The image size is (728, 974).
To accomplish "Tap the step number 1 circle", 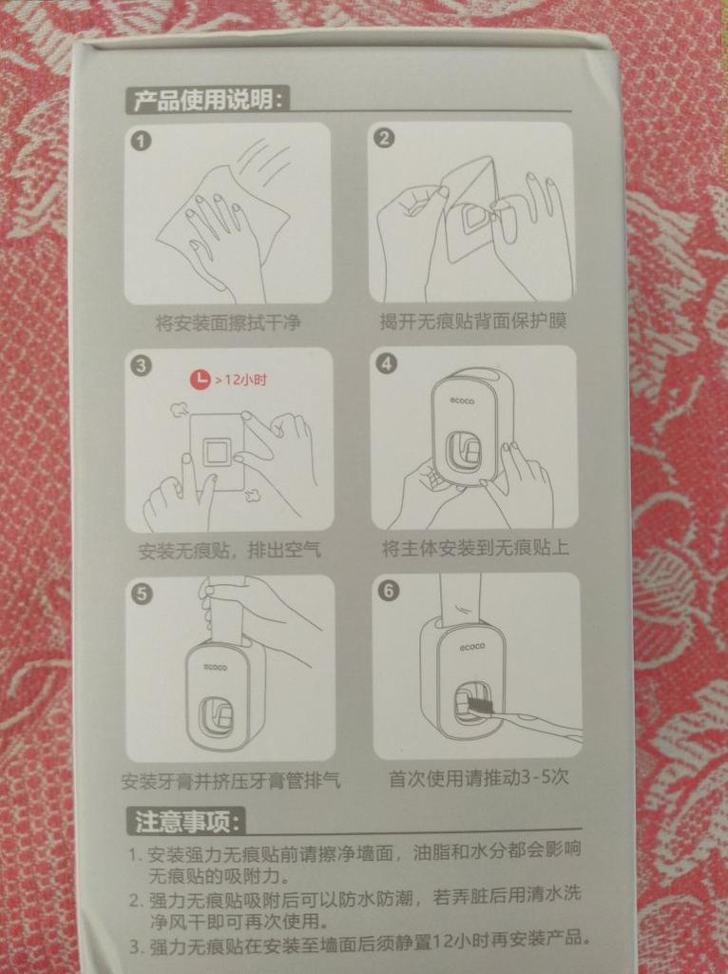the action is (x=141, y=141).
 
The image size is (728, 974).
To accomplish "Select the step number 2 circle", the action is (x=385, y=137).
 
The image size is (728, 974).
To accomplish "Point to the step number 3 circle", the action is (x=141, y=365).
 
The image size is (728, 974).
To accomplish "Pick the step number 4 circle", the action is (x=387, y=362).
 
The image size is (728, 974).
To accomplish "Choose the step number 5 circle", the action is (x=142, y=594).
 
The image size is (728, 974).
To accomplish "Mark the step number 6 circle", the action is (x=389, y=590).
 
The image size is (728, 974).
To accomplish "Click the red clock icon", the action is (x=200, y=380).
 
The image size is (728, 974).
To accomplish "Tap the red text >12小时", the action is (x=241, y=380).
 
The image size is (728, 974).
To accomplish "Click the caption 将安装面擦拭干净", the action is (x=228, y=322).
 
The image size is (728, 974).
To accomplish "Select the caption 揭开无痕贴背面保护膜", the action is (x=473, y=321).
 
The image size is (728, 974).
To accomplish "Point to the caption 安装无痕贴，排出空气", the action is (x=230, y=550).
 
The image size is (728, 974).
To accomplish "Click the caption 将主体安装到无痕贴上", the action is (x=475, y=548).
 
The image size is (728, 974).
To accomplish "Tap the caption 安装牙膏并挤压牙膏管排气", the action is (x=232, y=780).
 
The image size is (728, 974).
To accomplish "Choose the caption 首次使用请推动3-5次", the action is (x=478, y=777).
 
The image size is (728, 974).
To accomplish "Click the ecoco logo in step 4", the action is (x=463, y=401).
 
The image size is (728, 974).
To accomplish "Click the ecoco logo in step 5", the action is (x=216, y=668).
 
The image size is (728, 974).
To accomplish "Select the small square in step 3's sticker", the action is (x=218, y=450).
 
